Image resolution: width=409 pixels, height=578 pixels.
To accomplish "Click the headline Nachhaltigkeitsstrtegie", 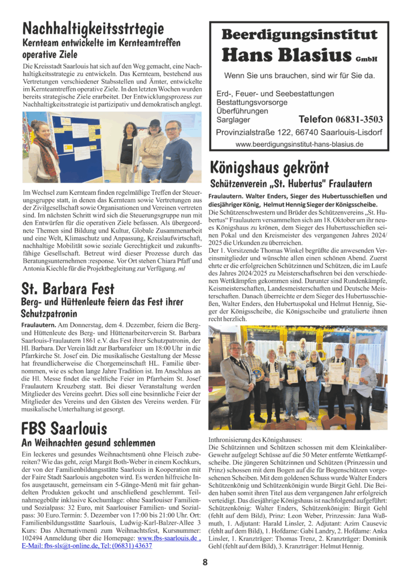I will point(93,28).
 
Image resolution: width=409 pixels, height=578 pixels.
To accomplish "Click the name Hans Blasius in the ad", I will point(288,55).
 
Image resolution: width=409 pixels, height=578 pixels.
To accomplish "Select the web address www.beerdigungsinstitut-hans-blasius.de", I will point(299,144).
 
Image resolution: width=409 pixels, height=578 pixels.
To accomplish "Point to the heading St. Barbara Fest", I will point(68,289).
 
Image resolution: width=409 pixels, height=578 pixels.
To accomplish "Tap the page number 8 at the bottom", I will point(205,562).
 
